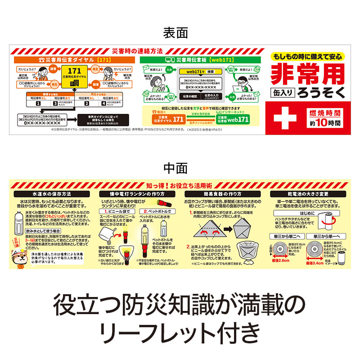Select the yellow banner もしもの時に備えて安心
pyautogui.click(x=308, y=57)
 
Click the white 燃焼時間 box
pyautogui.click(x=325, y=117)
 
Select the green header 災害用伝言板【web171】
pyautogui.click(x=200, y=59)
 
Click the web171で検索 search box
pyautogui.click(x=201, y=72)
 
